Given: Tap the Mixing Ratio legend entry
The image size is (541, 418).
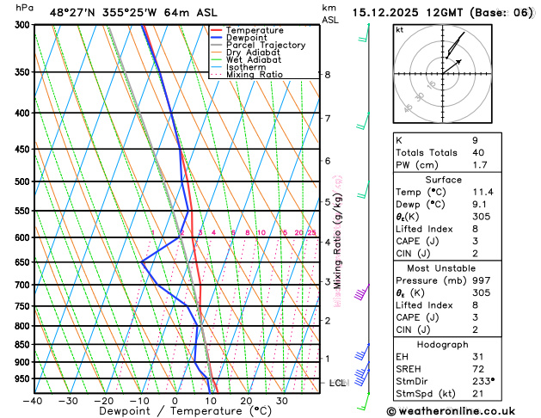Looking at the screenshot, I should pyautogui.click(x=254, y=74).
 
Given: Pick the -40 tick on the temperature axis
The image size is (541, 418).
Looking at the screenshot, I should pyautogui.click(x=33, y=400).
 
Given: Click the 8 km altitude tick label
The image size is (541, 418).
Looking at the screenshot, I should pyautogui.click(x=328, y=75).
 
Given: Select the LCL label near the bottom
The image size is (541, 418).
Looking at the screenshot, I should pyautogui.click(x=337, y=382).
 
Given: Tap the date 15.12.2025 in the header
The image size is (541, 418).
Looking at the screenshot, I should pyautogui.click(x=384, y=13).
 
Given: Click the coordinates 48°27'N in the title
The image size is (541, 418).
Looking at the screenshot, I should pyautogui.click(x=72, y=13).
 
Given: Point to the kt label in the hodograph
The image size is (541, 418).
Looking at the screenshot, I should pyautogui.click(x=399, y=30).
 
